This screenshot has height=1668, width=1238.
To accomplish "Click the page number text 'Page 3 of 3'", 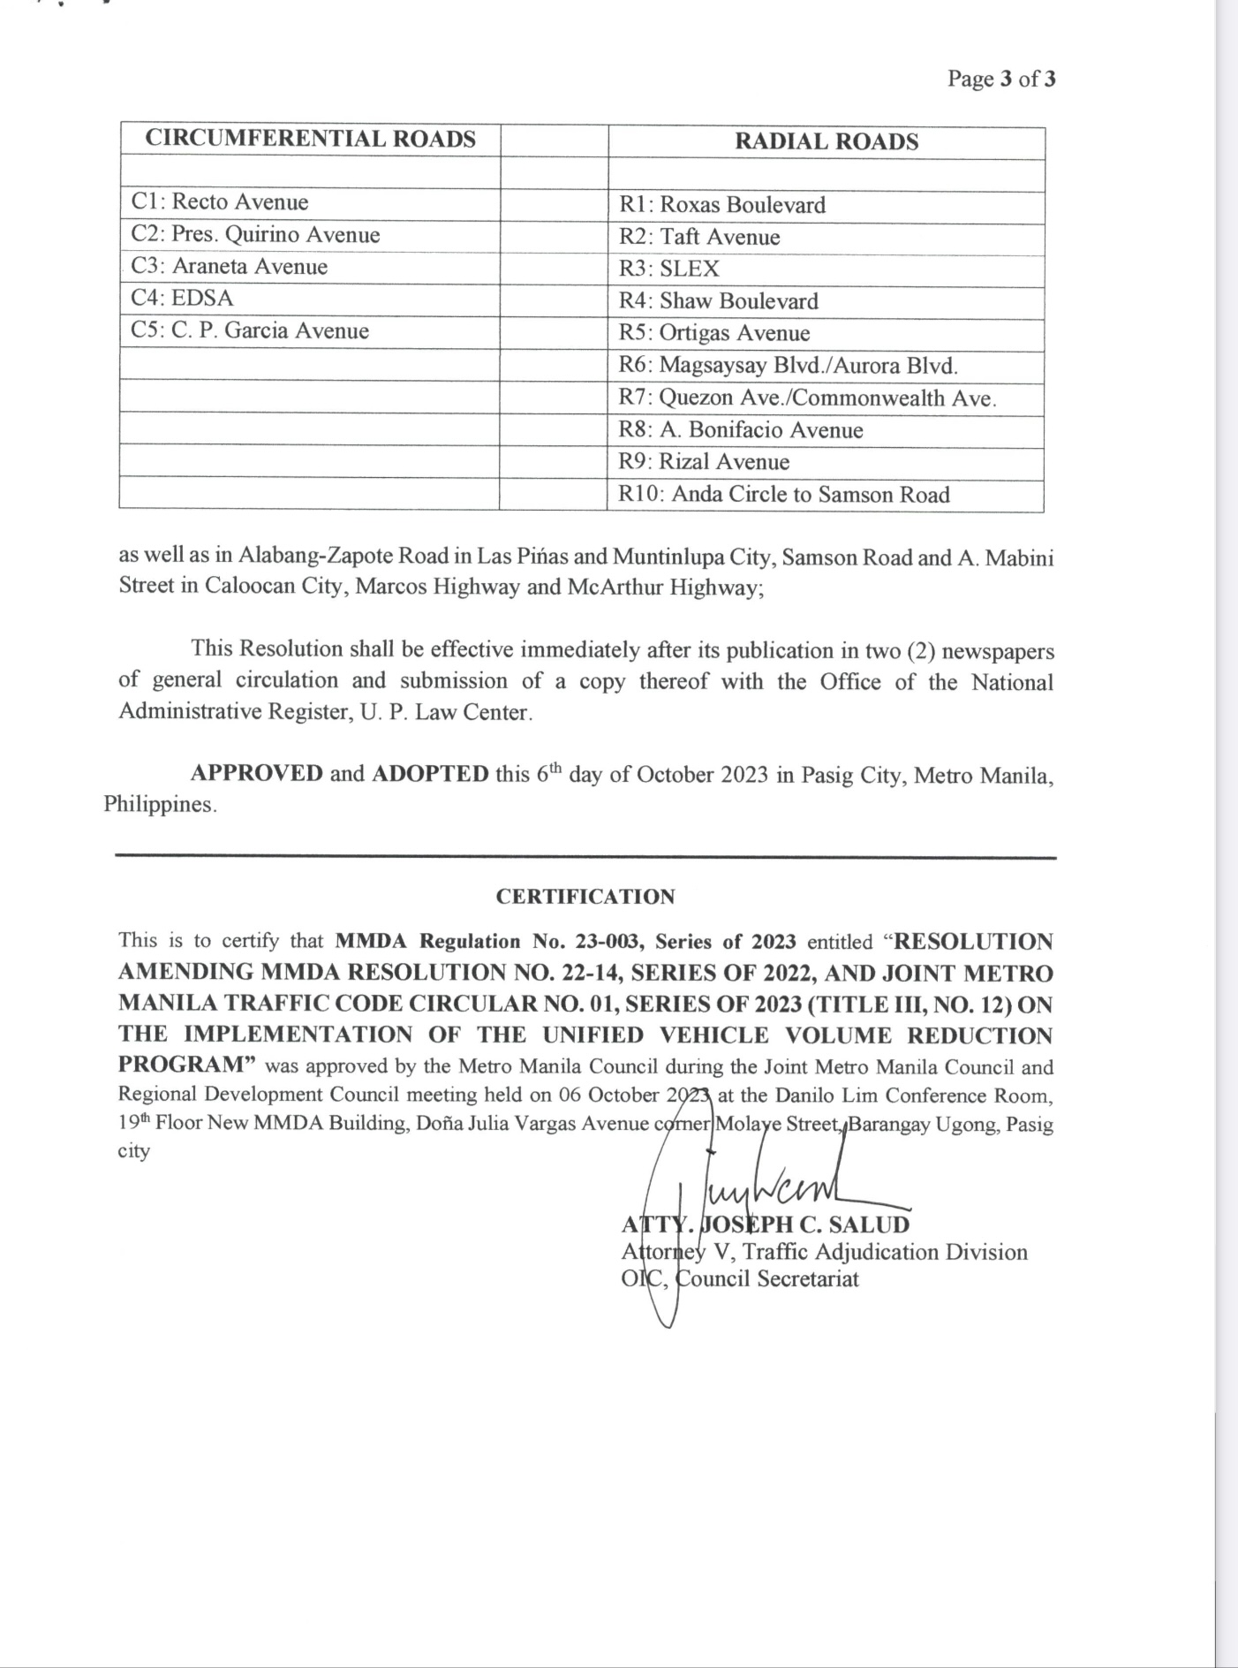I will [x=1001, y=79].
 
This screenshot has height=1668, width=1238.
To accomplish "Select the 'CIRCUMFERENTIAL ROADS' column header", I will [x=310, y=139].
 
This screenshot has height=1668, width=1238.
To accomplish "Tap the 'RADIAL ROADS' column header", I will [x=827, y=141].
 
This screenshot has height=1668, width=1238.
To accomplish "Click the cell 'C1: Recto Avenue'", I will [x=220, y=202].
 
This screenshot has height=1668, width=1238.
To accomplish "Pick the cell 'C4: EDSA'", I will [x=183, y=299].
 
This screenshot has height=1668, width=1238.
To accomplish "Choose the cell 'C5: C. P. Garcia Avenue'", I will [x=250, y=331].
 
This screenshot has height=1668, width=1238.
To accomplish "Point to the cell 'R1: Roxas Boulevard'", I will [x=722, y=205].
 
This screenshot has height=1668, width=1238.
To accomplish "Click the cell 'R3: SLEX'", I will [x=669, y=269].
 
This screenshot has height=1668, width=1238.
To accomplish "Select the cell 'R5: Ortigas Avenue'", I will [x=714, y=334].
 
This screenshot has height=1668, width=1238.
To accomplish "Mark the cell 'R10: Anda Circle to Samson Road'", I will [x=784, y=495].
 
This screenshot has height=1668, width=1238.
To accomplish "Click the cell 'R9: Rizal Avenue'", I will [x=704, y=462].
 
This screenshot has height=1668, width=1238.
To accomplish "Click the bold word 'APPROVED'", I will [x=257, y=773].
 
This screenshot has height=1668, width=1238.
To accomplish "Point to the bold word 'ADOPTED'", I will [x=430, y=774].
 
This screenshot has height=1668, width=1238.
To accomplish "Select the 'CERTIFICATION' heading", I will [x=585, y=897].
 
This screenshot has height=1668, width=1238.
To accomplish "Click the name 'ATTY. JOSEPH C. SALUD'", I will [x=766, y=1224].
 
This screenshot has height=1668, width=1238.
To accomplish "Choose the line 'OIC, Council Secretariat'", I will [x=740, y=1279].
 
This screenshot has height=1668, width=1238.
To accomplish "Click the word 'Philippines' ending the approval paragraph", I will [x=158, y=805].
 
